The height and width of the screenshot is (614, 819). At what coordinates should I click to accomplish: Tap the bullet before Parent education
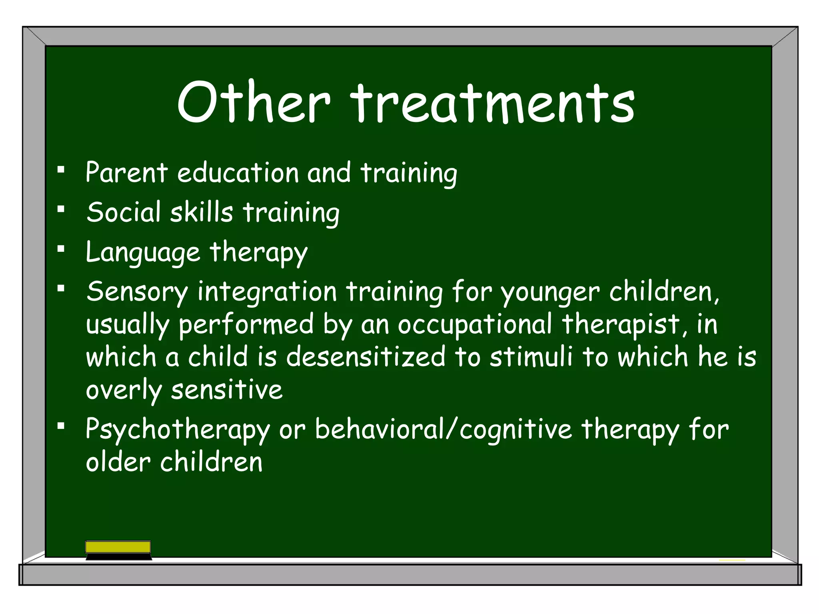61,170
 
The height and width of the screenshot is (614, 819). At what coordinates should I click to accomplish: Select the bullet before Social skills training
61,209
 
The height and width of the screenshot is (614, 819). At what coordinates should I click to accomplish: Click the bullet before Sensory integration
61,288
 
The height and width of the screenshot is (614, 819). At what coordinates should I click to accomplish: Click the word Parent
126,173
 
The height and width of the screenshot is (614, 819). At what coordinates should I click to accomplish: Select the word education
238,173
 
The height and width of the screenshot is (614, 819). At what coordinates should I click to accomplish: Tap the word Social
123,212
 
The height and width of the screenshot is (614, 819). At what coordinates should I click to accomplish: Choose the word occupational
475,325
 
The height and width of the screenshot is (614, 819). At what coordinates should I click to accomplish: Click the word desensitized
366,357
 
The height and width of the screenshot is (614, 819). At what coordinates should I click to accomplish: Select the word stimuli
531,357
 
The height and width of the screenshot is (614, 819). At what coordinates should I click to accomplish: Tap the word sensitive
227,390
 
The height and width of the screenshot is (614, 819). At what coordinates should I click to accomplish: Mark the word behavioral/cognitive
443,430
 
